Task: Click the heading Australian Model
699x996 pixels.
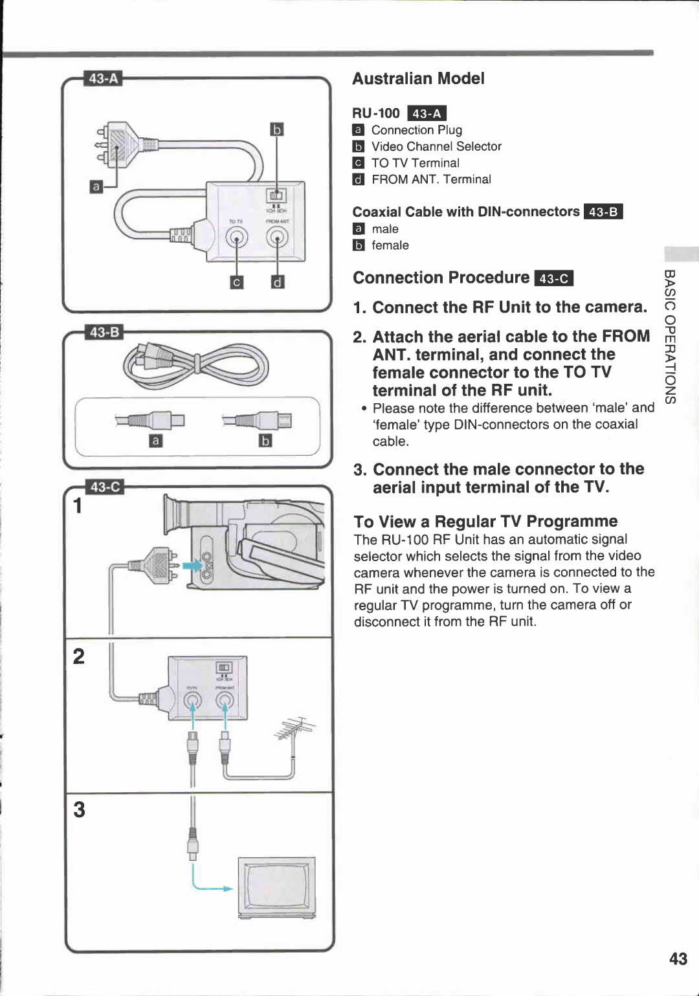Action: click(418, 78)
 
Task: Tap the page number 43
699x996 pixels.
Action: click(678, 958)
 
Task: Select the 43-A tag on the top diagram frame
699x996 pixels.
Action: click(104, 78)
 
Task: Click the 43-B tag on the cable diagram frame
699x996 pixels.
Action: click(105, 332)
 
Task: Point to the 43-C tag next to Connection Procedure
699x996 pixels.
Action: click(554, 278)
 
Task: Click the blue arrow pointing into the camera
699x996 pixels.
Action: click(192, 566)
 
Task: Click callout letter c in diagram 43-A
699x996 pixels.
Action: click(237, 282)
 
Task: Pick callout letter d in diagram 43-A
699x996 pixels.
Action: click(277, 282)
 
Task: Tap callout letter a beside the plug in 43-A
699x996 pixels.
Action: click(96, 187)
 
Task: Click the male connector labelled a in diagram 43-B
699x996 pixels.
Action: click(151, 421)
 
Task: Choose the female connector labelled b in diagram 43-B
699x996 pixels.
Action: click(259, 421)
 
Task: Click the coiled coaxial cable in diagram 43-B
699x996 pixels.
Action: click(194, 364)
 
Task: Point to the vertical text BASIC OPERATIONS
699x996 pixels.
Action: click(671, 337)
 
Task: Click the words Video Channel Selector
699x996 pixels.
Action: click(436, 147)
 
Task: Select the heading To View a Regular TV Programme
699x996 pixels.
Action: click(485, 522)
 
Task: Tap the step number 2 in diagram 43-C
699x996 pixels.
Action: click(79, 656)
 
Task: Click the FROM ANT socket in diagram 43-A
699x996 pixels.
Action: click(277, 239)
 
